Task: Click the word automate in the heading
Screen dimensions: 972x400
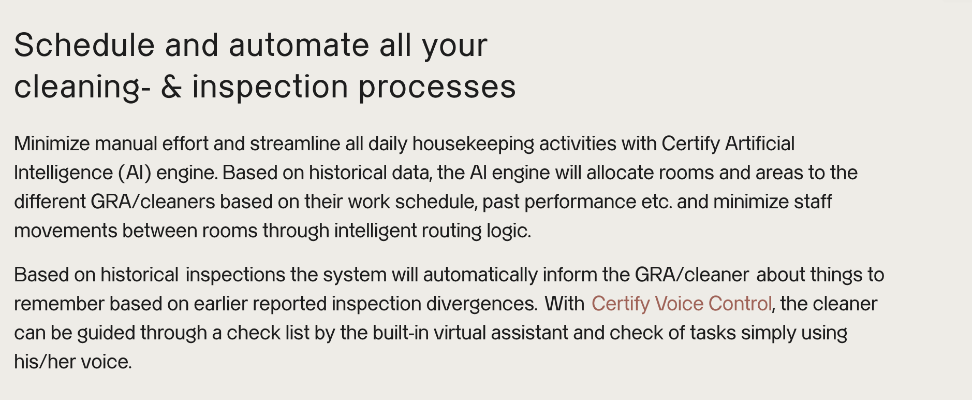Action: pos(299,46)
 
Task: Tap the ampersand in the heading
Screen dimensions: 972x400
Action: pos(171,87)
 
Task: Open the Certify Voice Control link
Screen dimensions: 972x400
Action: pos(682,304)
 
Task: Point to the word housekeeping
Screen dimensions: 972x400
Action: pos(473,144)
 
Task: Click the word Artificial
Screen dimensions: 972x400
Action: pos(759,144)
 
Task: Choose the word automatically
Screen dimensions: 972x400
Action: pos(480,275)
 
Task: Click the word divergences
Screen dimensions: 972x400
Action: pos(482,304)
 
